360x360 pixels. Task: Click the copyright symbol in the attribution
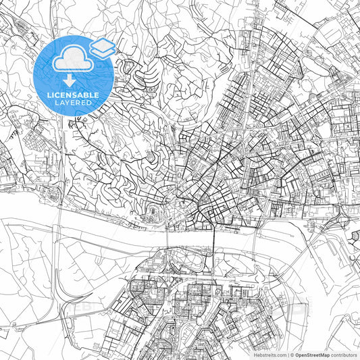(x=292, y=354)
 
